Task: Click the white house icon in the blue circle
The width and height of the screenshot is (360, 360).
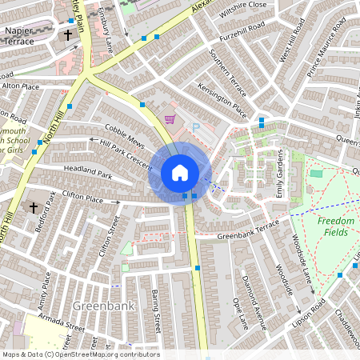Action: click(x=180, y=173)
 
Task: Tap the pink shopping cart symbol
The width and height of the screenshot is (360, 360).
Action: click(x=169, y=120)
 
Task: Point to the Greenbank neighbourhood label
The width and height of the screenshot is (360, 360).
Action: click(x=98, y=306)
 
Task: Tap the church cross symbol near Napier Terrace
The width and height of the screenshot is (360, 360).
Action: click(x=68, y=35)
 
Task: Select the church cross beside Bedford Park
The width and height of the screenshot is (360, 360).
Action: click(x=34, y=207)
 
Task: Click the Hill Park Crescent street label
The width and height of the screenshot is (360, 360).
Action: click(x=125, y=151)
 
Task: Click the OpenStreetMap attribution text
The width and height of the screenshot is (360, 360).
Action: click(x=80, y=354)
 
